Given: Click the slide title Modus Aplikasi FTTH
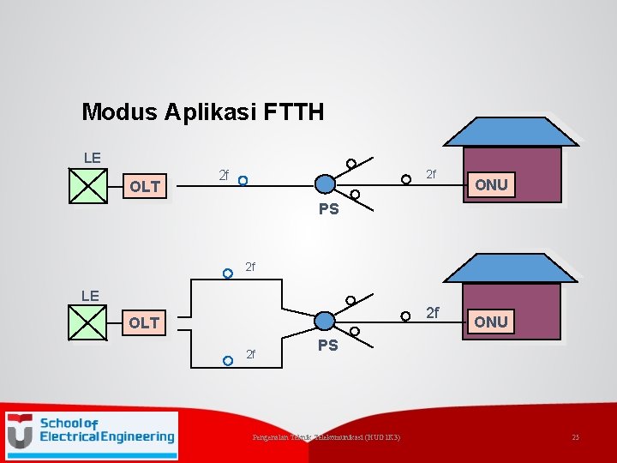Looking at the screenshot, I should pos(202,111).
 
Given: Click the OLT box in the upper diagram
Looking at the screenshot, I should pos(145,186).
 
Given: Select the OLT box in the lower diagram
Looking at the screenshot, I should pos(144,322).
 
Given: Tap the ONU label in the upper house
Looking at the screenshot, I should pos(491,184).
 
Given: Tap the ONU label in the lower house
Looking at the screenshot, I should pos(491,322).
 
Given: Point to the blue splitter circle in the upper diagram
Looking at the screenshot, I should pos(325,184).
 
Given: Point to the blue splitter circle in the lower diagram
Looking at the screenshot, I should pos(325,321).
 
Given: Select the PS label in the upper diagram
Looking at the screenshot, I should pos(329,208).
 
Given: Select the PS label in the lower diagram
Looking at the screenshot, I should pos(328,346).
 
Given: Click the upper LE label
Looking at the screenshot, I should pos(92,158).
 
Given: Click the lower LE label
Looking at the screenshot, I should pos(90,296).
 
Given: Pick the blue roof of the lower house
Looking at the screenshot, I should pos(512,268).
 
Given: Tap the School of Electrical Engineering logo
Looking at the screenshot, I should pos(92,430).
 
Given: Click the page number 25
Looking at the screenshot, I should pos(576,438).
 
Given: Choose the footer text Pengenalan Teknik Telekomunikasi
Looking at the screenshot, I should pos(326,438).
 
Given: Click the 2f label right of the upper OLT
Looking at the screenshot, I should pos(223,175).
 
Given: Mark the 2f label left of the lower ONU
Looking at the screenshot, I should pos(433,313).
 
